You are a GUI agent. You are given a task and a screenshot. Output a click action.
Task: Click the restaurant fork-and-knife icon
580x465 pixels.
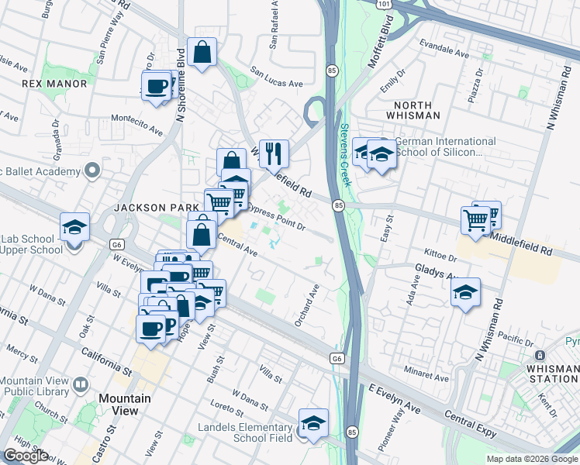tap(274, 154)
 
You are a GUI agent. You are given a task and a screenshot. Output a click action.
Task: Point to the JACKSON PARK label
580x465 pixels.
tap(150, 208)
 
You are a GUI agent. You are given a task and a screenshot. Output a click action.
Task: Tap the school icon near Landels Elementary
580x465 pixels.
tap(313, 424)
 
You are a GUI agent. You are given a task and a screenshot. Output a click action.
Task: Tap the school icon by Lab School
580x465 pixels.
tap(74, 227)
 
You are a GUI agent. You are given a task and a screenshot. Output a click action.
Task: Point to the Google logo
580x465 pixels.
tap(26, 456)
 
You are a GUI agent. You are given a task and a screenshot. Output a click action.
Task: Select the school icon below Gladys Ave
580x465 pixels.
tap(465, 293)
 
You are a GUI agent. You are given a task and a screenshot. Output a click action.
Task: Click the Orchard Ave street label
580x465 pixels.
tap(308, 306)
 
